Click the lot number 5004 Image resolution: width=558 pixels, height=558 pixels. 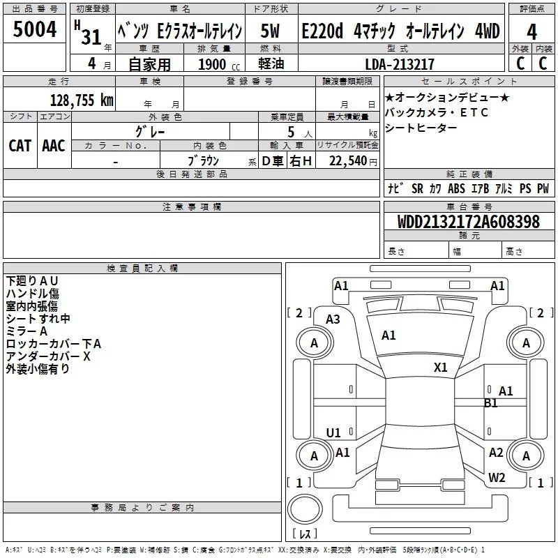pos(36,31)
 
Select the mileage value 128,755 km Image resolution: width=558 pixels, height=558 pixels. pos(82,100)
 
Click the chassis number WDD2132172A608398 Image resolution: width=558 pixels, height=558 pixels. pos(468,223)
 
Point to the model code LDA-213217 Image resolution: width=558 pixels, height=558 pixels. pos(400,64)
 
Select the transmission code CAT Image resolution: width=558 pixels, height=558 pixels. pos(20,145)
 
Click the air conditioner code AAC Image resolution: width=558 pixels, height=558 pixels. pos(54,145)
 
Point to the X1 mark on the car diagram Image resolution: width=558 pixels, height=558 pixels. pos(440,368)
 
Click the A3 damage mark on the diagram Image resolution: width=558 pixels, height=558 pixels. pos(333,319)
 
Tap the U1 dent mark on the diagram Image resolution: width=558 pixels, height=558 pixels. pos(333,432)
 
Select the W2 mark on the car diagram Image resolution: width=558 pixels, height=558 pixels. pos(497,477)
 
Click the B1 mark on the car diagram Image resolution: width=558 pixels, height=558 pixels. pos(491,403)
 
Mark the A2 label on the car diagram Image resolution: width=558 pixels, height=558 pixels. pos(496,453)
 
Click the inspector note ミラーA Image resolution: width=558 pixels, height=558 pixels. pos(27,331)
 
